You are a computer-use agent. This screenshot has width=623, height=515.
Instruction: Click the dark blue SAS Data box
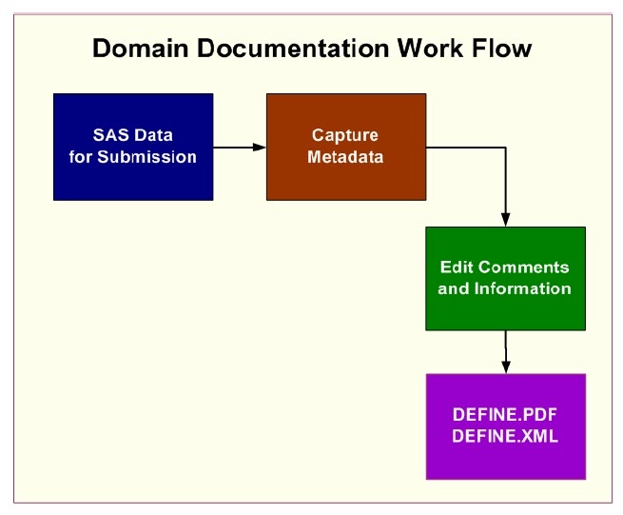point(133,147)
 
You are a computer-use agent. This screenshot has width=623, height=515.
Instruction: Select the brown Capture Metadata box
point(345,147)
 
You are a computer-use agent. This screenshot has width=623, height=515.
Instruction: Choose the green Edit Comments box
point(505,278)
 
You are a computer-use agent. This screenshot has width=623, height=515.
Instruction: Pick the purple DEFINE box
point(505,426)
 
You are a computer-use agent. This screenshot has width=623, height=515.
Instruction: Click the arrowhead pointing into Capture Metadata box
point(259,147)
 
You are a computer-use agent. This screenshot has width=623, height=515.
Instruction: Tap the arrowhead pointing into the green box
point(505,220)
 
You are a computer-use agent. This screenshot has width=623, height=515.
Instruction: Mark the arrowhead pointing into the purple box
point(505,366)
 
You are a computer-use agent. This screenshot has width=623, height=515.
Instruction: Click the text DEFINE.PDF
point(505,417)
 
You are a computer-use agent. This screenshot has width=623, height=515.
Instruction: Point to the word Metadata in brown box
point(345,156)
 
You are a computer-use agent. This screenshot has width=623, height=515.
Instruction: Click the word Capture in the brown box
point(345,136)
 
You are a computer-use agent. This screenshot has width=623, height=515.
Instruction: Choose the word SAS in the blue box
point(110,136)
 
